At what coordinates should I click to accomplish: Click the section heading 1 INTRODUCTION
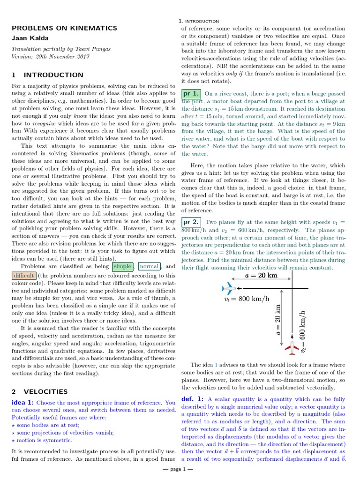click(47, 75)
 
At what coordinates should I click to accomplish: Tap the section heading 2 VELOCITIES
click(40, 391)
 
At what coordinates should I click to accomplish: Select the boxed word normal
click(149, 267)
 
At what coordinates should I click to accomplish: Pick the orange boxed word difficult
click(23, 276)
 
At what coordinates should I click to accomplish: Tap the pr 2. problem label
click(191, 222)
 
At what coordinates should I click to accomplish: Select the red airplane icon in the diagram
click(292, 348)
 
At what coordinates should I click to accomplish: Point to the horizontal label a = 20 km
click(262, 276)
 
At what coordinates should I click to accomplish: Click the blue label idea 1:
click(22, 403)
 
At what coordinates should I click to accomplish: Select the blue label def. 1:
click(193, 399)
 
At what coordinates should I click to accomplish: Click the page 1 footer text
click(180, 469)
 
